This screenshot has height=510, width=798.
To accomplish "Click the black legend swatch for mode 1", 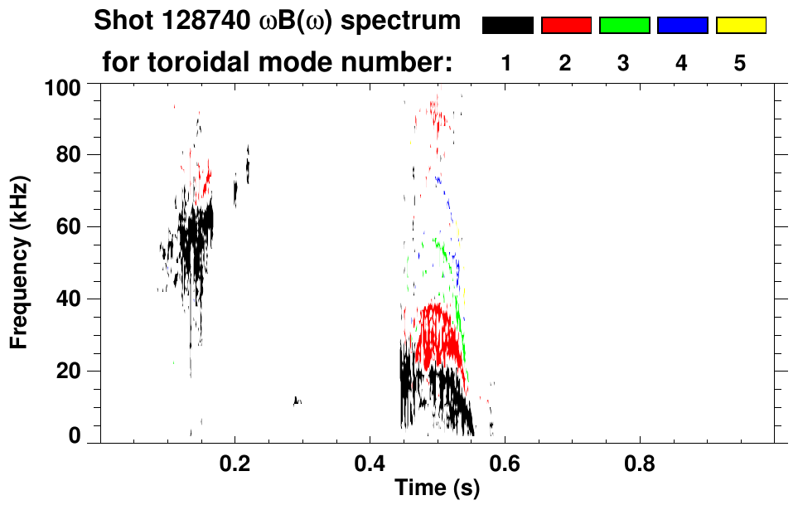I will [x=507, y=26].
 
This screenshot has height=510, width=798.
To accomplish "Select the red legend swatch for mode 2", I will [x=566, y=26].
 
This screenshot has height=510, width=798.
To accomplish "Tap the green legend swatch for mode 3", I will [x=624, y=26].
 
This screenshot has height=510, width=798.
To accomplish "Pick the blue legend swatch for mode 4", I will [x=682, y=26].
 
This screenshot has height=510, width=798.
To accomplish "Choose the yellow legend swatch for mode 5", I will [x=741, y=26].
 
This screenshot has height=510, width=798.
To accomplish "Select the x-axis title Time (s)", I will [x=437, y=488].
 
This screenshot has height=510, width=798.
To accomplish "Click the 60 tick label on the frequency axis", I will [x=70, y=226].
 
